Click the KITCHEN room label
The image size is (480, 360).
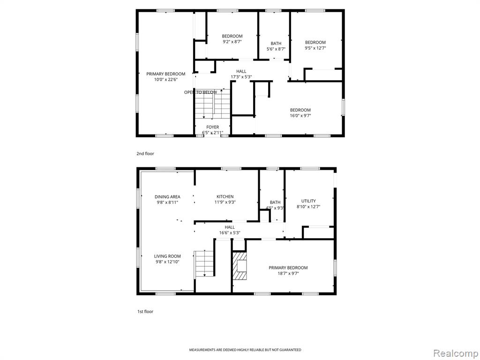click(225, 196)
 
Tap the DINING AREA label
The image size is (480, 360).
click(167, 197)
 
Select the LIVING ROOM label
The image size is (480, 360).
click(167, 256)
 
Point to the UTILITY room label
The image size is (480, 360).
click(308, 201)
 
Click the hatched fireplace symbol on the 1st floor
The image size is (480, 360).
click(240, 266)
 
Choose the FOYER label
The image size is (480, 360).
click(212, 127)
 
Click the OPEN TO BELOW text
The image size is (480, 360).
click(201, 92)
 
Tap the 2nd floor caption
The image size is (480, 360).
click(145, 153)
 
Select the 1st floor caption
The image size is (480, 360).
click(145, 311)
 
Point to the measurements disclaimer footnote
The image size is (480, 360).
click(245, 350)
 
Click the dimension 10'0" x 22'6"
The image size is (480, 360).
click(166, 80)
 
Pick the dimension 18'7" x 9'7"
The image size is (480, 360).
click(288, 273)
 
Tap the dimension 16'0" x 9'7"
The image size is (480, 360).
click(300, 116)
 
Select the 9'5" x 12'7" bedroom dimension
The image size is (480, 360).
click(315, 48)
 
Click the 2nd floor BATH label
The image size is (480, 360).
click(276, 44)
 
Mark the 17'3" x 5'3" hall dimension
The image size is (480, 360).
click(241, 77)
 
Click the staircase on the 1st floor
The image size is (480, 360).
click(204, 264)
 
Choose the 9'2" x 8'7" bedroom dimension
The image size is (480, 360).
click(232, 42)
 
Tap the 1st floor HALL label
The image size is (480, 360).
click(230, 227)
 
